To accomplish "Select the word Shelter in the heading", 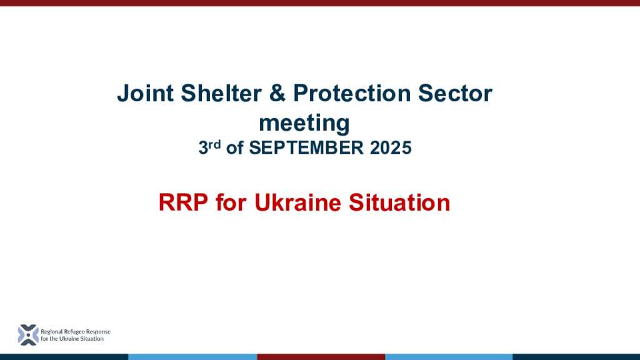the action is pyautogui.click(x=221, y=93).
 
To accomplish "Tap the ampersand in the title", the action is pyautogui.click(x=277, y=93).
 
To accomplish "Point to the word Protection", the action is pyautogui.click(x=352, y=93).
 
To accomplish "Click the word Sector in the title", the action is pyautogui.click(x=455, y=93).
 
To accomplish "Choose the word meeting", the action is pyautogui.click(x=304, y=123).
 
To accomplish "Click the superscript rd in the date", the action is pyautogui.click(x=215, y=144).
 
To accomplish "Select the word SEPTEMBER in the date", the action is pyautogui.click(x=306, y=147).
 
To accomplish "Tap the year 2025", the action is pyautogui.click(x=391, y=147).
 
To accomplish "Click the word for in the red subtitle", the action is pyautogui.click(x=231, y=202).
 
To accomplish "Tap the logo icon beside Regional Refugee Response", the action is pyautogui.click(x=28, y=335).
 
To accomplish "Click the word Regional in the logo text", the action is pyautogui.click(x=51, y=332).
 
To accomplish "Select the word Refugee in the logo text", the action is pyautogui.click(x=74, y=332).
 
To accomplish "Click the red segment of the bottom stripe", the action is pyautogui.click(x=321, y=357).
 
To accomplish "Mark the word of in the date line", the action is pyautogui.click(x=235, y=147).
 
